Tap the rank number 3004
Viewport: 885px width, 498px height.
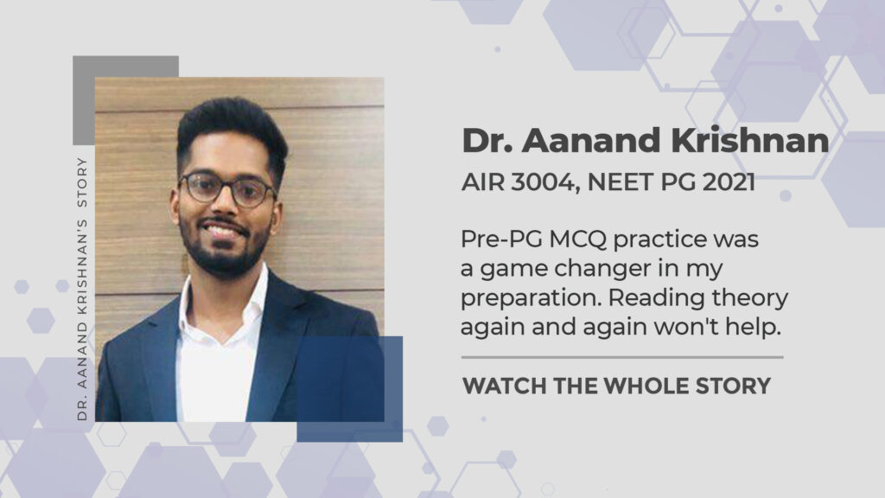[x=545, y=182]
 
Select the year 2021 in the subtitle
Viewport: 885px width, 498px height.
[x=729, y=182]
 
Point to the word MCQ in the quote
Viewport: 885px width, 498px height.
[x=577, y=239]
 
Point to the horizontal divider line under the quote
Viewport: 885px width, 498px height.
[x=622, y=357]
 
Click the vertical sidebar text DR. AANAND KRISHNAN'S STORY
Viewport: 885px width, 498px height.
[x=82, y=289]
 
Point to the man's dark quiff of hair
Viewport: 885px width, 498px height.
[x=232, y=127]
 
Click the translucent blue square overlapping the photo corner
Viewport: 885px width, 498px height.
[x=350, y=389]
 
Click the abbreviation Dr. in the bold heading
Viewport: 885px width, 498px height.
[x=487, y=141]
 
